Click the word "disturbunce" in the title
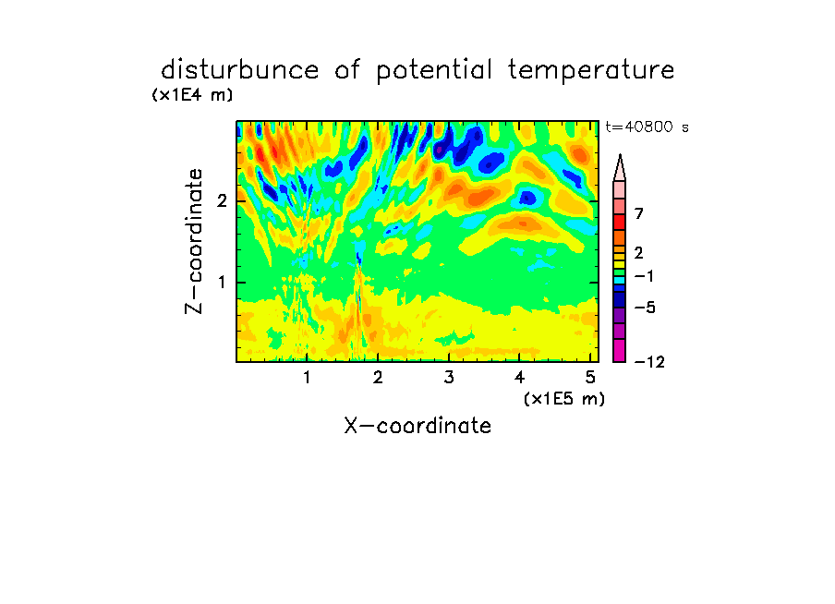click(239, 70)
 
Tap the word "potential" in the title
click(434, 71)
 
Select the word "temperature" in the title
click(591, 71)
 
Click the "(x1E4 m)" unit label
click(192, 95)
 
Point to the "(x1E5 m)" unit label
click(564, 398)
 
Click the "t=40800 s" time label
click(647, 127)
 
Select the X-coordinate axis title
click(417, 426)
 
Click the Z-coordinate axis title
click(193, 241)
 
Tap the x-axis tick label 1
click(308, 378)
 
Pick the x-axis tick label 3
click(449, 378)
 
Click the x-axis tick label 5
click(590, 378)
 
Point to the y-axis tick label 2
click(222, 201)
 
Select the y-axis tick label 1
click(222, 283)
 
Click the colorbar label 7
click(639, 213)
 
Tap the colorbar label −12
click(649, 362)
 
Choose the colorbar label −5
click(645, 308)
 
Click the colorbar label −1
click(644, 276)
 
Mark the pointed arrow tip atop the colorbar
click(620, 155)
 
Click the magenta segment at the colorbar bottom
click(620, 350)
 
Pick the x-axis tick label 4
click(520, 378)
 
